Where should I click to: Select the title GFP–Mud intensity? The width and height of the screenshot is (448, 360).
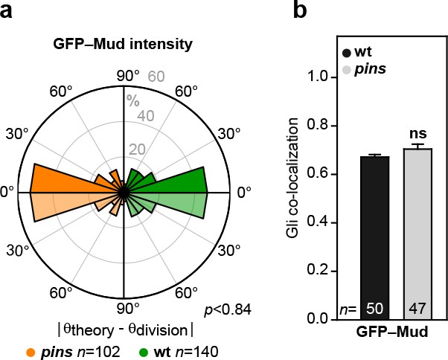124,44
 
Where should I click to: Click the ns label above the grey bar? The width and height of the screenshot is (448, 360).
417,134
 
